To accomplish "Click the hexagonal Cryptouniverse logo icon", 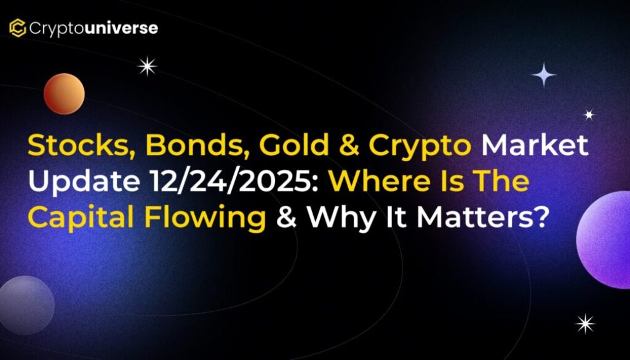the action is (x=18, y=28).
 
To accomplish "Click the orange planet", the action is (x=64, y=94).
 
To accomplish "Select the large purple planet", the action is (x=604, y=239).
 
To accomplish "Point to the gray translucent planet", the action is (x=26, y=305).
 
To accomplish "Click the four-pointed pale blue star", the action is (x=544, y=74).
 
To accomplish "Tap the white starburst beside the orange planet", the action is (x=147, y=66).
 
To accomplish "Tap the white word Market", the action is (x=535, y=145).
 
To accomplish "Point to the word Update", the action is (x=84, y=183).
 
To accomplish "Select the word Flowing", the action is (x=205, y=218).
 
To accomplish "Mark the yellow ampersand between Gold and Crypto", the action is (x=349, y=146).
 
